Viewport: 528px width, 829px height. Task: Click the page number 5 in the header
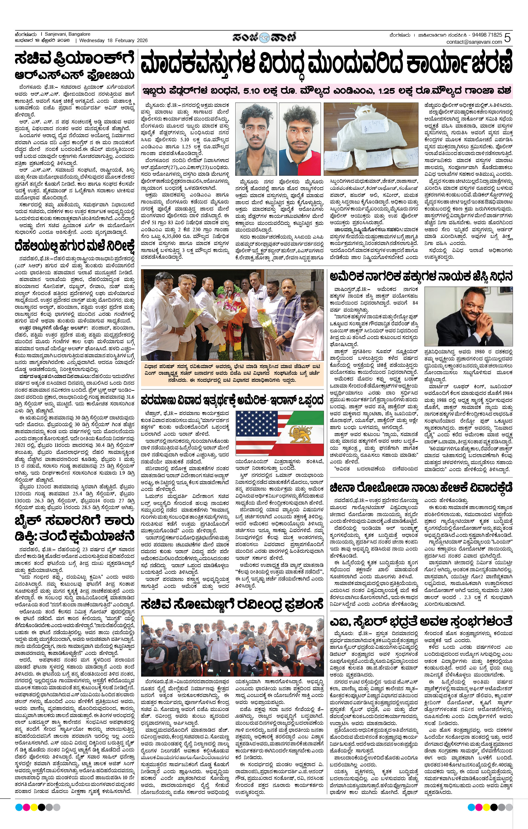click(x=507, y=38)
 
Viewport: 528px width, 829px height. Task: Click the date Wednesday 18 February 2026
click(x=113, y=41)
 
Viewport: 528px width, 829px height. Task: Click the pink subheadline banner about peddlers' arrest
click(x=326, y=91)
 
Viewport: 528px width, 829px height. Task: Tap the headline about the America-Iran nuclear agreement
click(x=232, y=400)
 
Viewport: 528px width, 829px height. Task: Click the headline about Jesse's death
click(x=421, y=276)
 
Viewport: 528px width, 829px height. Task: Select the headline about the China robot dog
click(x=421, y=487)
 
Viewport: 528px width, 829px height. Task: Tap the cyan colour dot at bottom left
click(x=19, y=807)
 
